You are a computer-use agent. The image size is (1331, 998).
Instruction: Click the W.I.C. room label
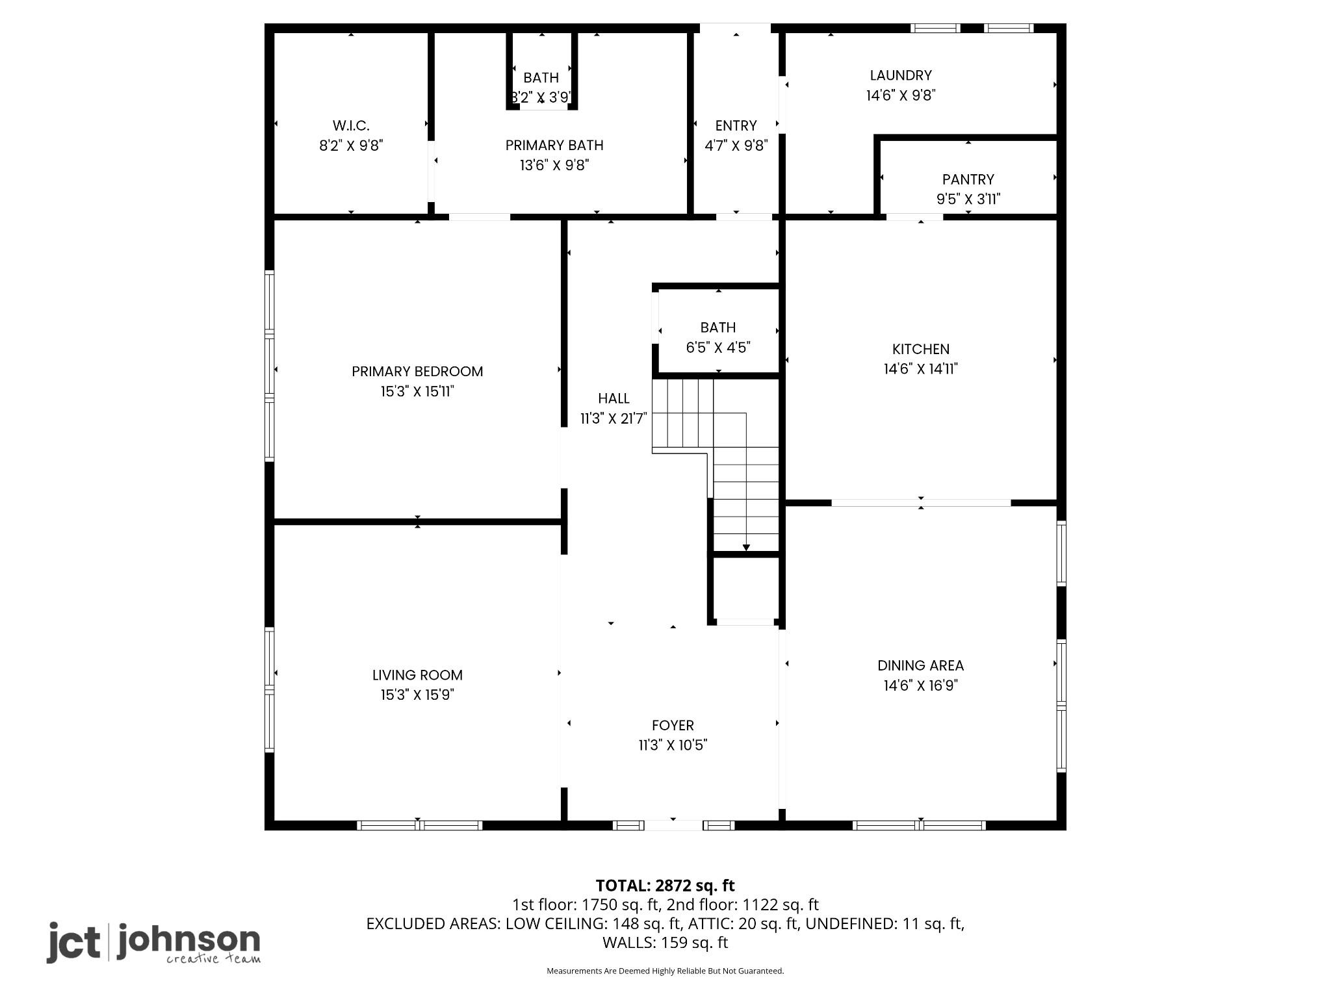tap(351, 125)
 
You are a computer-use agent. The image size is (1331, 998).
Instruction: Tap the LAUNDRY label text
tap(900, 75)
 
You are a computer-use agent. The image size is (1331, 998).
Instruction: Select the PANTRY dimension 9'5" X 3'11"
tap(968, 199)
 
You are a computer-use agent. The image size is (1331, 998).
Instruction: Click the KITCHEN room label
tap(920, 349)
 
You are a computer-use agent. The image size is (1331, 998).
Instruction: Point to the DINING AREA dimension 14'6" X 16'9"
tap(920, 685)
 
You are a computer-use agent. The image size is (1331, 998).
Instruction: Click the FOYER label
tap(673, 725)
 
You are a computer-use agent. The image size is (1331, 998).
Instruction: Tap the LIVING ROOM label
tap(417, 675)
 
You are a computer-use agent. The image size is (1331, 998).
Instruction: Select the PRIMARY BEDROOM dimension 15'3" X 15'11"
tap(417, 391)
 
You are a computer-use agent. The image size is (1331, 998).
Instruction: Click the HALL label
tap(614, 398)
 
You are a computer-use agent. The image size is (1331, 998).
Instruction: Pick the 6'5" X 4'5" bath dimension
tap(718, 348)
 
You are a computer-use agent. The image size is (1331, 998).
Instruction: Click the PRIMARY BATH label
tap(554, 145)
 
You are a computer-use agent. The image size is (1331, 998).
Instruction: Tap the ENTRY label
tap(736, 125)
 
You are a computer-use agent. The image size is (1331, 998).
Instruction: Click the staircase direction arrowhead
tap(746, 548)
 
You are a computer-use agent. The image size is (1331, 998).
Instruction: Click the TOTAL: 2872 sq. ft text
tap(665, 886)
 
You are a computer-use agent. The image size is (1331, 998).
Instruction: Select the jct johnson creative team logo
tap(153, 942)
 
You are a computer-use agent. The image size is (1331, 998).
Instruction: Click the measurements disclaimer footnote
tap(665, 971)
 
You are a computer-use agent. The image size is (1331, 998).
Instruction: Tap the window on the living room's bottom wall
tap(419, 825)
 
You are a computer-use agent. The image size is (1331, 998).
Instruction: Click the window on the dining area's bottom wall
tap(919, 825)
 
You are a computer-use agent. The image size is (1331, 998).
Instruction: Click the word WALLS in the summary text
tap(627, 942)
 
